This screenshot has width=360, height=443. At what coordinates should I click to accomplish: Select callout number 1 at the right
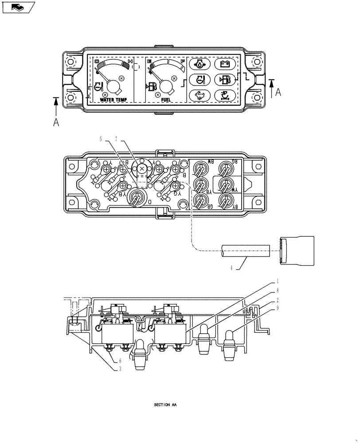[x=277, y=281]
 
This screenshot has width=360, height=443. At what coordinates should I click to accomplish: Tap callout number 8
[x=277, y=291]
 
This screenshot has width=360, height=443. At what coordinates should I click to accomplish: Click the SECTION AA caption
[x=165, y=405]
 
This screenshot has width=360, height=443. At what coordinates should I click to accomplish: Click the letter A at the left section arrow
[x=56, y=123]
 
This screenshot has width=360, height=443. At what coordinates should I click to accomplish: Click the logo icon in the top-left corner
[x=17, y=8]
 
